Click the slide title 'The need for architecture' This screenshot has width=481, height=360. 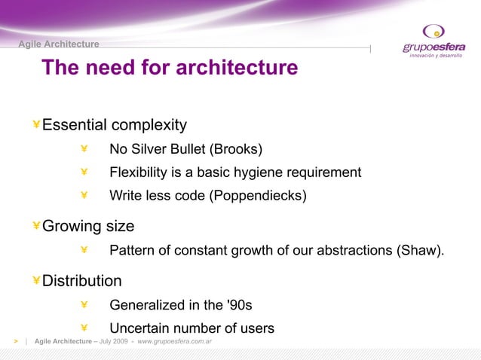tap(170, 69)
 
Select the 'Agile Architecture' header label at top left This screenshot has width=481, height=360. tap(59, 44)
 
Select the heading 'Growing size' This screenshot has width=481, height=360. tap(88, 226)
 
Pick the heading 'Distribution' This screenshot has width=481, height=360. tap(81, 281)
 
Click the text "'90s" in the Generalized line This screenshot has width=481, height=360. tap(239, 305)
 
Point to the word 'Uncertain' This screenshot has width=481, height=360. tap(140, 328)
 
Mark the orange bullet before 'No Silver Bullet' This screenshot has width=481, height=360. tap(84, 148)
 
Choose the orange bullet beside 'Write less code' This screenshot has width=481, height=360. tap(84, 196)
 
